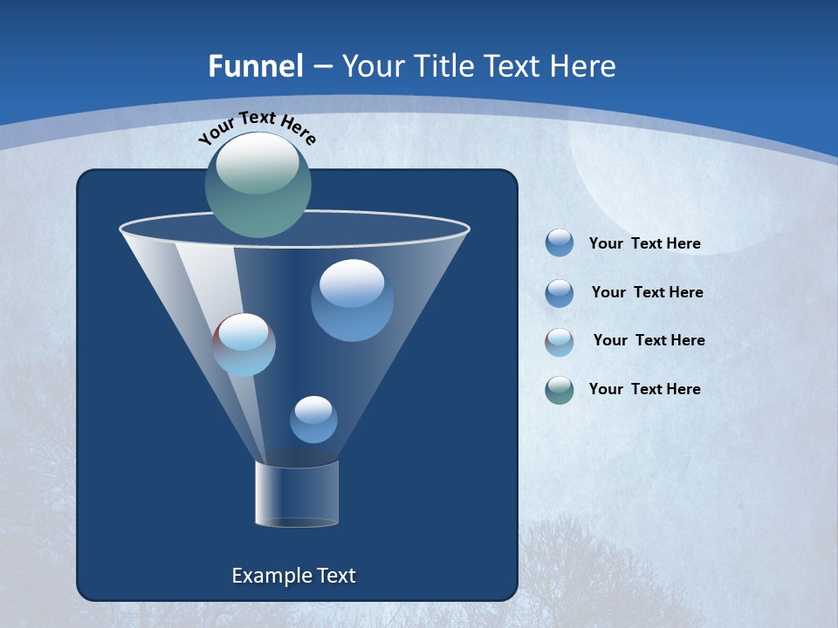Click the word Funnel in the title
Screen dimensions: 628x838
coord(255,66)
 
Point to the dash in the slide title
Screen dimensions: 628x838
coord(321,67)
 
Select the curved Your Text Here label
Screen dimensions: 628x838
coord(257,127)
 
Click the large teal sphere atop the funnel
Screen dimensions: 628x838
coord(258,185)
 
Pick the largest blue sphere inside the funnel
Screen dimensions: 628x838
coord(352,300)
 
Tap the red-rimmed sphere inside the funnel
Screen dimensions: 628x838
coord(244,345)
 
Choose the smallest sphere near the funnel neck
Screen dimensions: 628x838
coord(313,420)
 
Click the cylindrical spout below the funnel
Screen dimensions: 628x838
coord(297,494)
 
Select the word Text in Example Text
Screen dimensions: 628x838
coord(335,576)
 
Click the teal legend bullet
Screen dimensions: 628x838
coord(560,390)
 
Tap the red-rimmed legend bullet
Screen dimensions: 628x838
coord(560,342)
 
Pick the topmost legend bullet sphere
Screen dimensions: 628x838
coord(560,243)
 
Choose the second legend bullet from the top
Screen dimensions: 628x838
coord(560,293)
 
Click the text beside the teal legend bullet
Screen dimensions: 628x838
coord(644,389)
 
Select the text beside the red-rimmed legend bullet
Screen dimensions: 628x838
coord(649,340)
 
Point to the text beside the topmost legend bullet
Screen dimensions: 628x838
coord(644,243)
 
